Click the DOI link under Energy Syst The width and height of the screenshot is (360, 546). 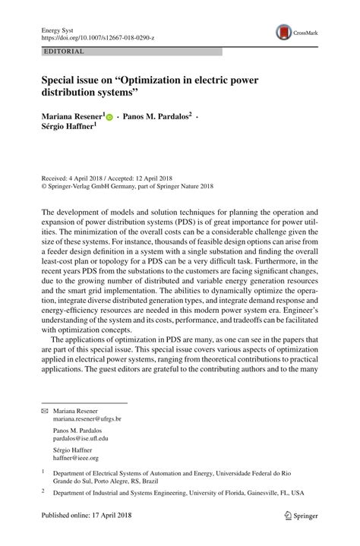pos(96,36)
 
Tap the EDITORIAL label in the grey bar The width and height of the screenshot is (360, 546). pos(65,52)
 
